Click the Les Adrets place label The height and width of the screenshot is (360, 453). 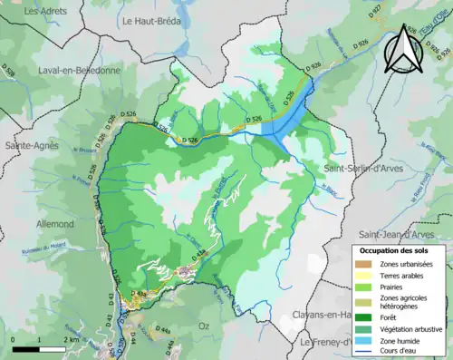pos(43,11)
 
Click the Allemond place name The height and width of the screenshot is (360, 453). pos(43,223)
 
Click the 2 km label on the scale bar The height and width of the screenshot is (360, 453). pos(72,339)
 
